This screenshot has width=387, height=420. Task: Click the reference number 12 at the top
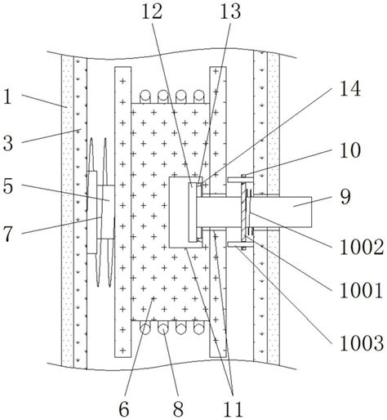[152, 11]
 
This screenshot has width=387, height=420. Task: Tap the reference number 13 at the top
[230, 11]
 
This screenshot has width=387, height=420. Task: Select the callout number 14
[350, 88]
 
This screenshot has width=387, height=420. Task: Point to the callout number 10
[350, 150]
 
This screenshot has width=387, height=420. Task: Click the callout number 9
[345, 197]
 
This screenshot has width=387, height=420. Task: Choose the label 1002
[362, 247]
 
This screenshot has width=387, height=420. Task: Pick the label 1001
[362, 291]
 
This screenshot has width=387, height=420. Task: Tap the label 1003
[362, 343]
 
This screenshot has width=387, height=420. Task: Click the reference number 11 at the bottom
[233, 409]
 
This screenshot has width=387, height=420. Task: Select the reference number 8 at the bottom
[178, 409]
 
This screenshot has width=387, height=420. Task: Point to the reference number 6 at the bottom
[124, 409]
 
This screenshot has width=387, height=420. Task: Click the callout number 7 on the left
[8, 234]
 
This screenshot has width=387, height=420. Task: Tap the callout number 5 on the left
[8, 186]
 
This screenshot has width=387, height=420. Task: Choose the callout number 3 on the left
[8, 144]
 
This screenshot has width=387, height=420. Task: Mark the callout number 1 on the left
[8, 97]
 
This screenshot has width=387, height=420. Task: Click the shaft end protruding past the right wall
[296, 212]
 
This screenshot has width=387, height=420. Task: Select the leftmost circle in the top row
[145, 96]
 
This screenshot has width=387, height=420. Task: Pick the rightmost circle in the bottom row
[199, 328]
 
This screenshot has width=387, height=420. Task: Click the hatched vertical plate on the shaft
[242, 212]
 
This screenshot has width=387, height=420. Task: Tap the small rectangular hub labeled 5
[109, 212]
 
